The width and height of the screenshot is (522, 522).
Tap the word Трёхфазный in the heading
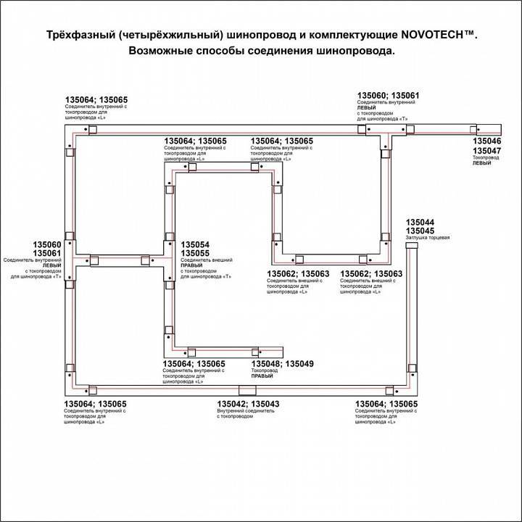coord(70,35)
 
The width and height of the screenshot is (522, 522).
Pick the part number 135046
coord(486,141)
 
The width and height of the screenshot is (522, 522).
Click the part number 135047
coord(486,151)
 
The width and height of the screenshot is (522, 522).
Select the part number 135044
coord(420,222)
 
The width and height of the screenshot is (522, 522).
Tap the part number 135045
coord(420,231)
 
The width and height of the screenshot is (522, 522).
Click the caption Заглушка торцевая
coord(428,239)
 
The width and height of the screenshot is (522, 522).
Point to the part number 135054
coord(195,245)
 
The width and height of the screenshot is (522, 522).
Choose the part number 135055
coord(195,253)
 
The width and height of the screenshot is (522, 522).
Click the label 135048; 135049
coord(282,363)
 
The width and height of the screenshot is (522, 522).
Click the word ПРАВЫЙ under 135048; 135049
coord(262,378)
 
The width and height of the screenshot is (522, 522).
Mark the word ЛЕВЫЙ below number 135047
coord(482,164)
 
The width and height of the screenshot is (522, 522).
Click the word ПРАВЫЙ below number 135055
coord(191,266)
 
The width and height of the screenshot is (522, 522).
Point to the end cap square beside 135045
coord(411,246)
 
